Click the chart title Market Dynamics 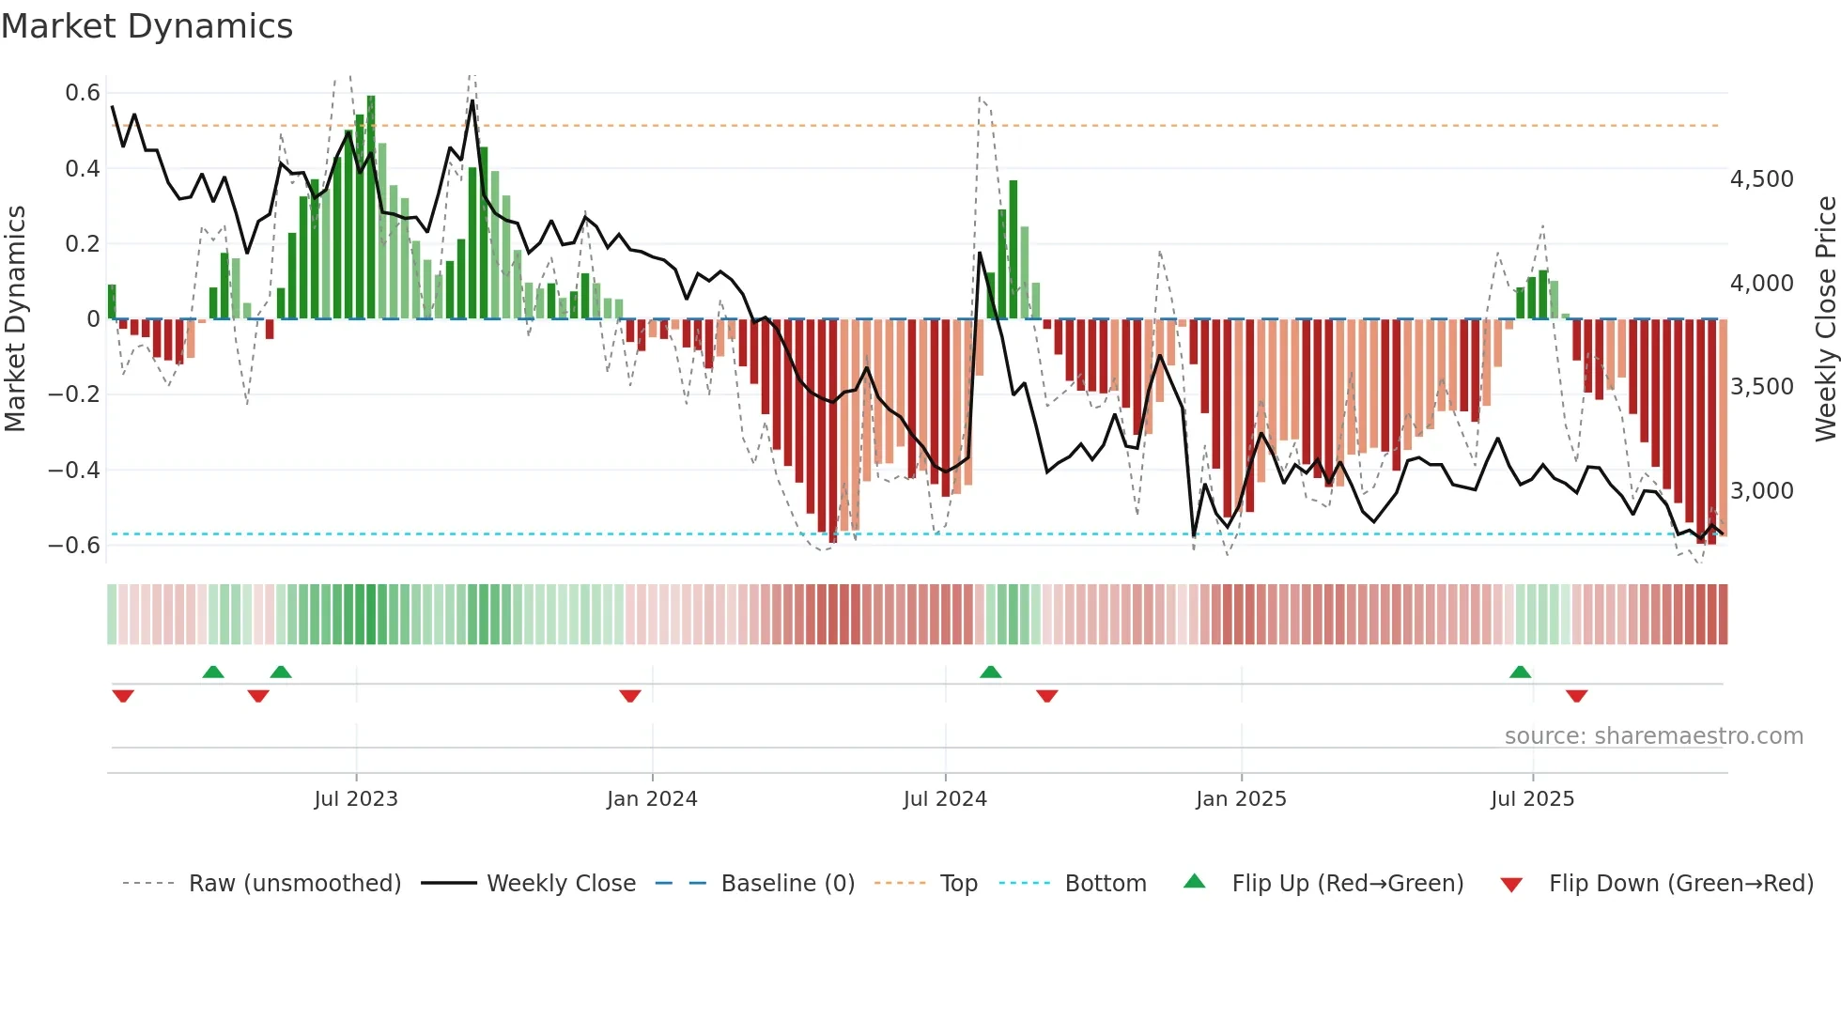click(147, 26)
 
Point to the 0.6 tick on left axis click(83, 93)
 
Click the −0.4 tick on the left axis click(74, 470)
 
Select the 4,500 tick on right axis click(1762, 179)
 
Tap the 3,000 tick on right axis click(1762, 491)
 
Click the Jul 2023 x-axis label click(356, 799)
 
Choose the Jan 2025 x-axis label click(1241, 799)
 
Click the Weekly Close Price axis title click(1825, 319)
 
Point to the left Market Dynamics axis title click(15, 319)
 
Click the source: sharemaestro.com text click(1653, 736)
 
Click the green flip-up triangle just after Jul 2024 click(991, 672)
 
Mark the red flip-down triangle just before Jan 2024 click(630, 696)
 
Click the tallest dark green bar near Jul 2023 click(371, 207)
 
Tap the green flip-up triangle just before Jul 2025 click(1520, 672)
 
